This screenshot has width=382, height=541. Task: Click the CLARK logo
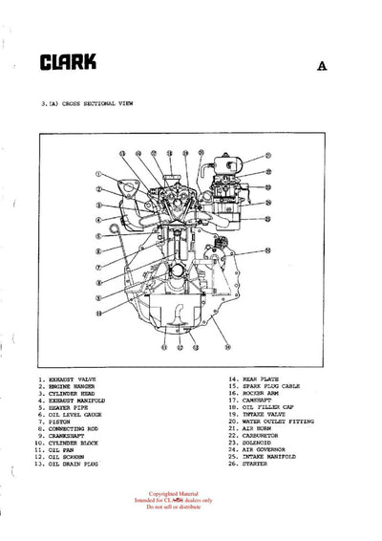click(68, 63)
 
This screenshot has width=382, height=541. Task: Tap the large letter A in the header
click(323, 67)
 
